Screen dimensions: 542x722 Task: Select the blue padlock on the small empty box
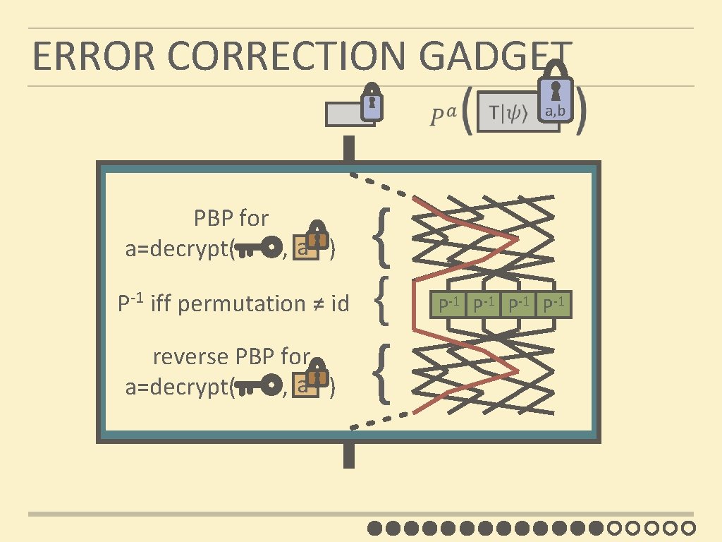pos(372,104)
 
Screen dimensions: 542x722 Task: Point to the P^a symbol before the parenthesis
pos(443,114)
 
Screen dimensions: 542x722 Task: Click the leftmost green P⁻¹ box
pos(448,306)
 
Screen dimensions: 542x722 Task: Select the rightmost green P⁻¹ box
pos(554,306)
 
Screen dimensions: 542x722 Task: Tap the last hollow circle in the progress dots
pos(690,527)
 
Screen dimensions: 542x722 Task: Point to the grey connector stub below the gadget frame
pos(348,456)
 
